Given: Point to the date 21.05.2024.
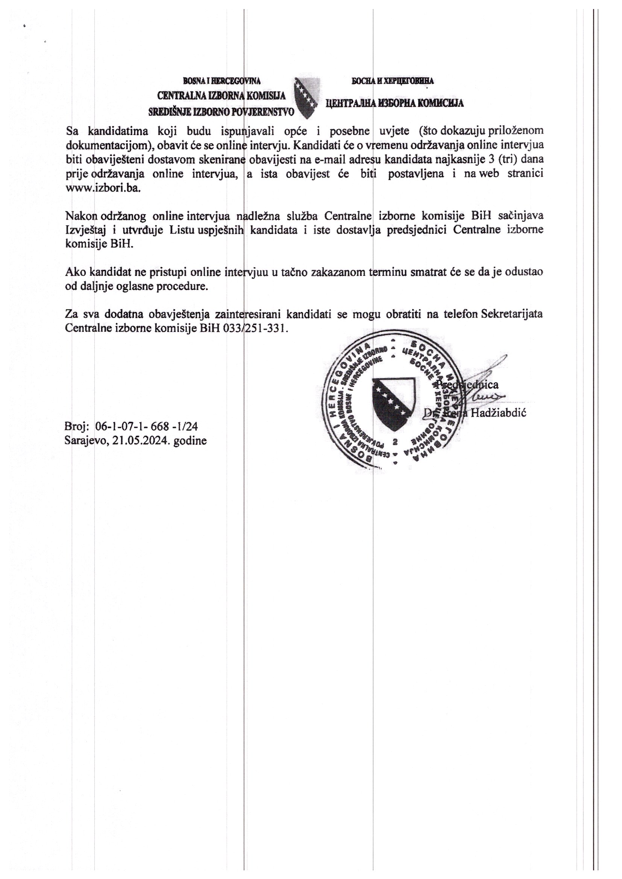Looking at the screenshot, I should tap(142, 441).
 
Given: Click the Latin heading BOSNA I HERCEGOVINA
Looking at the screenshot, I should tap(222, 81).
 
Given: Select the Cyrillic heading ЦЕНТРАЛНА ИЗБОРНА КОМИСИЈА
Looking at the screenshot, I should tap(395, 103).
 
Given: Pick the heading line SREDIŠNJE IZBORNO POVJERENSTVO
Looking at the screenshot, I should tap(222, 112).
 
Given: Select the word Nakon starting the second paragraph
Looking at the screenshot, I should tap(81, 216).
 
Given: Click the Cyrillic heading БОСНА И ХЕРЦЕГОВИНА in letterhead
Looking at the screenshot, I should tap(393, 81).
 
